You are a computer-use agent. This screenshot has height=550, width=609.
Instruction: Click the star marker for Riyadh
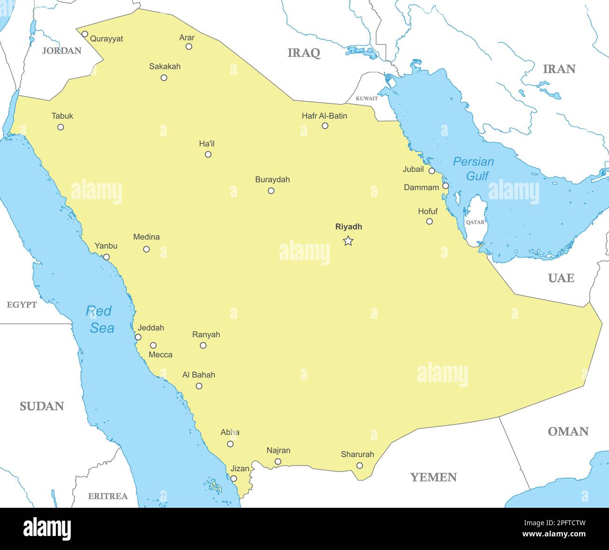[348, 241]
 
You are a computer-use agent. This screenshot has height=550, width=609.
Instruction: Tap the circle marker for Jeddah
[138, 337]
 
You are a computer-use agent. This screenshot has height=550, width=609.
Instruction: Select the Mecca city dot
[153, 345]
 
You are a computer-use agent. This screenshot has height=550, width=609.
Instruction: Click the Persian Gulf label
[474, 168]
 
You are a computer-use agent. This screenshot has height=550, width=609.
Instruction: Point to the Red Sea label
[99, 319]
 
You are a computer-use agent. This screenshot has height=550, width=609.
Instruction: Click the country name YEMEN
[433, 477]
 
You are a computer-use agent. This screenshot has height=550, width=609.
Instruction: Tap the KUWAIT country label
[366, 98]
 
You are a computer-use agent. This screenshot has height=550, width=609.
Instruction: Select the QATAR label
[475, 222]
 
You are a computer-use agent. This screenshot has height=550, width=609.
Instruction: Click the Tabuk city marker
[60, 127]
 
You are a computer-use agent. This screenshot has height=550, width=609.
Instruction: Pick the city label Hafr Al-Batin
[324, 116]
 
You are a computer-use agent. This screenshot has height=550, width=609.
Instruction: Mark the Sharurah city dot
[359, 466]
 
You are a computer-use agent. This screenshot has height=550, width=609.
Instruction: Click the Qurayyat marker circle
[85, 34]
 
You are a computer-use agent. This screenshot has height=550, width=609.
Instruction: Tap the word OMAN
[568, 431]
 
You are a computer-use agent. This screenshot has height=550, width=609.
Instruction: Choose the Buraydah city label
[272, 180]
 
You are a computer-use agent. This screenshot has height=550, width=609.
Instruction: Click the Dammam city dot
[446, 186]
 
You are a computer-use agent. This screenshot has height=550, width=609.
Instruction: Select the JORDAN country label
[62, 51]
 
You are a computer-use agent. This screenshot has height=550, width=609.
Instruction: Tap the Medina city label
[146, 237]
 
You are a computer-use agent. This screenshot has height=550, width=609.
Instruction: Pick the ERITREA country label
[108, 496]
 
